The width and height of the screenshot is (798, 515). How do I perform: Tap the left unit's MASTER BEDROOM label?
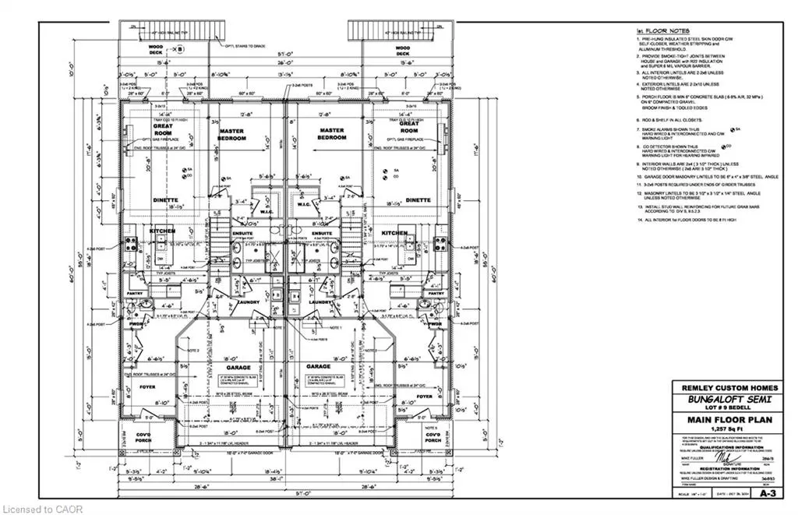232,134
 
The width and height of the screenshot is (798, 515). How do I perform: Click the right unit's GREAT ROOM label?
408,128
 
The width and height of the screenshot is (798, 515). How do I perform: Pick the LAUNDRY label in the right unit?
320,301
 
